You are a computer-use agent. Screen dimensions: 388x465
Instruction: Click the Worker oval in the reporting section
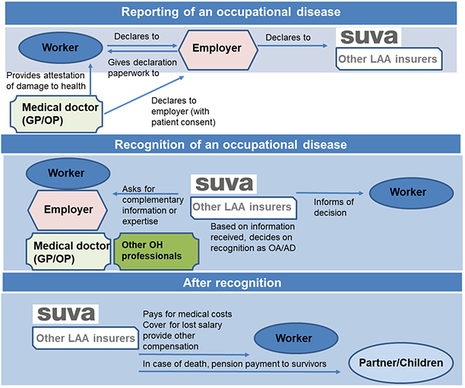[60, 48]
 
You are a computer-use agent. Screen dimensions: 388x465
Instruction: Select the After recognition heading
[232, 283]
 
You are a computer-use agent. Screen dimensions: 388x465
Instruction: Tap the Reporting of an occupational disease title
[231, 11]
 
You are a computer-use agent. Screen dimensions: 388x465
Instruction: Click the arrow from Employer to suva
[291, 46]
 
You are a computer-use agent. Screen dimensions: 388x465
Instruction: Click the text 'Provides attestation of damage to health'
[46, 81]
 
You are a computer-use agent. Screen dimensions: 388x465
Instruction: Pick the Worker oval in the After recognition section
[293, 338]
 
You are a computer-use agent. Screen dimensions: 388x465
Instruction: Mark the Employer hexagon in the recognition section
[68, 209]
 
